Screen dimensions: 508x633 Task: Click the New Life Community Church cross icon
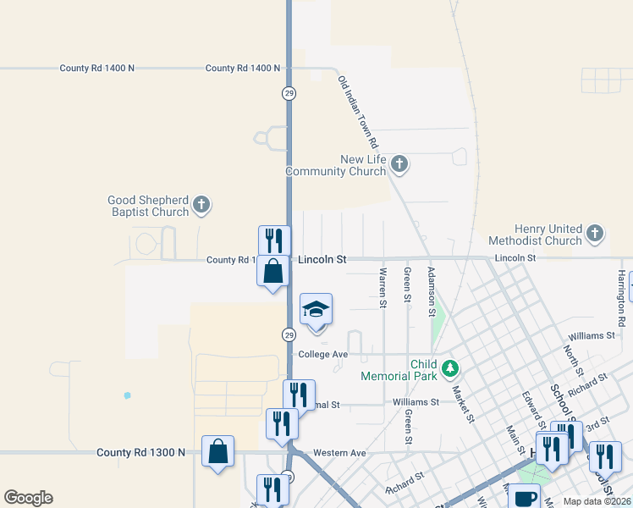click(400, 164)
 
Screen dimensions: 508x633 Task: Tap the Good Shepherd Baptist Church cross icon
click(201, 204)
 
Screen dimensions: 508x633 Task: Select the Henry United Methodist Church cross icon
click(595, 233)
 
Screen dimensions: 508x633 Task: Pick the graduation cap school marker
click(316, 310)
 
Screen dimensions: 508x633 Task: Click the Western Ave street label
click(339, 454)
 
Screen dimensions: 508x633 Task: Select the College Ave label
click(323, 354)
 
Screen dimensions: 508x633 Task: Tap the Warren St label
click(383, 288)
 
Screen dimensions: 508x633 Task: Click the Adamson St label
click(431, 288)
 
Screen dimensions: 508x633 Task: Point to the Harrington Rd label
click(621, 292)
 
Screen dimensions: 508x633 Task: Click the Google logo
click(28, 498)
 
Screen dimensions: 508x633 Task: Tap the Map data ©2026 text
click(597, 501)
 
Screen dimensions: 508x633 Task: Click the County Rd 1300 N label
click(140, 453)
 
